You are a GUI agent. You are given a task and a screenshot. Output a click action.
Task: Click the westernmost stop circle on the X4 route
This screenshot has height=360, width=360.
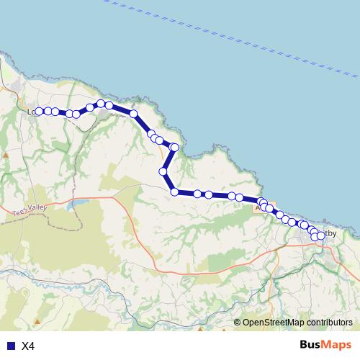coord(39,112)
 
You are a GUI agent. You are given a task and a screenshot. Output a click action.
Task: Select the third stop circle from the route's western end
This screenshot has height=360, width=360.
coord(55,112)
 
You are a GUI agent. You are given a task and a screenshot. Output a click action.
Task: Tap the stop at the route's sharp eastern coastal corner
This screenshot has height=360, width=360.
coord(174,148)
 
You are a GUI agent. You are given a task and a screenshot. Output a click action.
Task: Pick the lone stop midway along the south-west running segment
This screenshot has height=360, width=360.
coord(163,171)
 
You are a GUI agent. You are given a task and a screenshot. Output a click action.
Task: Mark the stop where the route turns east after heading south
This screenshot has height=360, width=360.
coord(174,192)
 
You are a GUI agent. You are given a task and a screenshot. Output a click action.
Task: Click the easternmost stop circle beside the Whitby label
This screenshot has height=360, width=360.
coord(320,236)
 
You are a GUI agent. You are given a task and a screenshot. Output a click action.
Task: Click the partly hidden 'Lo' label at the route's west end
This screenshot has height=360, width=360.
coord(30,112)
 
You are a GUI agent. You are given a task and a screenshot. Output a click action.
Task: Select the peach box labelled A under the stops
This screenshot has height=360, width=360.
coord(258,207)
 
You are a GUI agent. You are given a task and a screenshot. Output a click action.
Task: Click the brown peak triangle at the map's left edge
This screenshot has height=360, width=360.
coord(6,154)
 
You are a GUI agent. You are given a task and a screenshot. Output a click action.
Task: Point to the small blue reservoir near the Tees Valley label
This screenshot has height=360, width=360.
coord(74,204)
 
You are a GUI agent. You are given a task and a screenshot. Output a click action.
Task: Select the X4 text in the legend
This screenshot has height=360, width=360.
coord(28,346)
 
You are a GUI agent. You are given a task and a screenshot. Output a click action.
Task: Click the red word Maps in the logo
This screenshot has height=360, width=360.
coord(337,345)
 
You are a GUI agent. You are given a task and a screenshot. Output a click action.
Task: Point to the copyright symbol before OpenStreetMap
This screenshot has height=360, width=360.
coord(238,323)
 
